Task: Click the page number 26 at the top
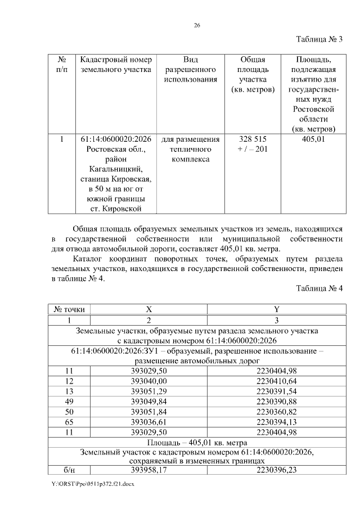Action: tap(197, 25)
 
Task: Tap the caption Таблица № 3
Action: tap(319, 39)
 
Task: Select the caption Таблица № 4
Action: tap(319, 289)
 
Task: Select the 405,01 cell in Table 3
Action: tap(313, 139)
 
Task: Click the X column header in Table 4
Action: tap(149, 309)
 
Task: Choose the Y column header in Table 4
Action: tap(276, 309)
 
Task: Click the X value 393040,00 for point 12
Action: tap(149, 381)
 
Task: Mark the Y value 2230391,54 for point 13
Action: tap(276, 391)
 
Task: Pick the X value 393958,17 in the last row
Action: tap(149, 470)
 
